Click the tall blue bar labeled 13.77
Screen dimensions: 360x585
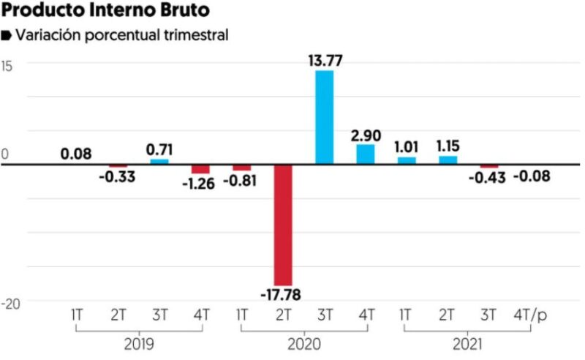click(324, 117)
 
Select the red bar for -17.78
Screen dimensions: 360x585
click(283, 225)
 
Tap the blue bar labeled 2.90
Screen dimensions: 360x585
click(366, 154)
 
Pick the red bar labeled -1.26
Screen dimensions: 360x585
click(200, 168)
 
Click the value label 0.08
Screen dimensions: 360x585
click(77, 154)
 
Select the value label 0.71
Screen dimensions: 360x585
click(159, 149)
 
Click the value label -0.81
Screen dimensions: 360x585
click(241, 179)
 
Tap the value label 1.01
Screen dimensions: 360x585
click(407, 146)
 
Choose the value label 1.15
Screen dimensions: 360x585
click(448, 145)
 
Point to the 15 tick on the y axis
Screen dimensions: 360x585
click(10, 64)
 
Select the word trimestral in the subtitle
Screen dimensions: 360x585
click(189, 35)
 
